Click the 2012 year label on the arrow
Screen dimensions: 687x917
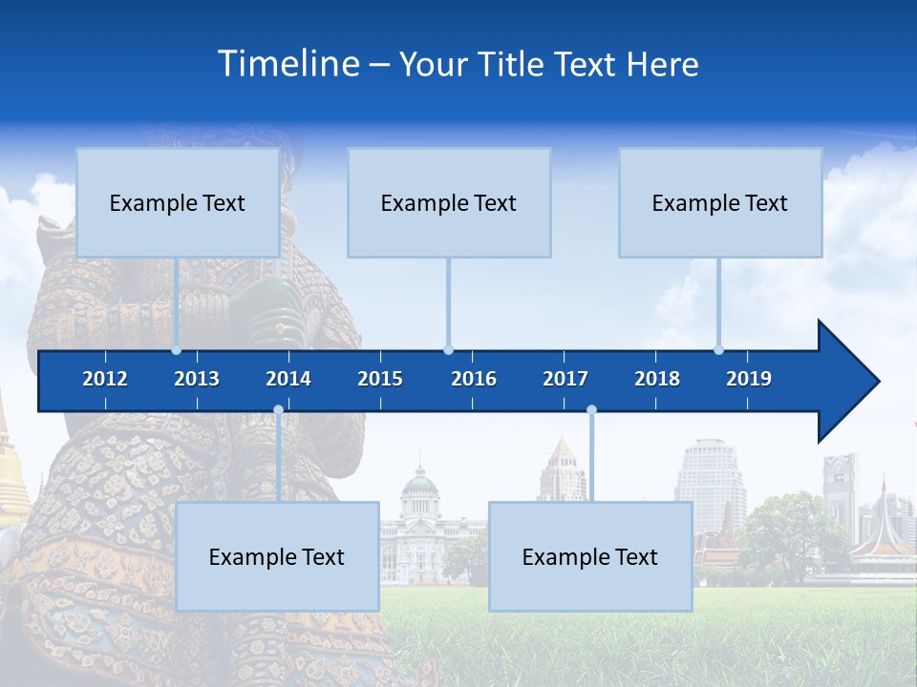(105, 379)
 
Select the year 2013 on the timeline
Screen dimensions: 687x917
(197, 379)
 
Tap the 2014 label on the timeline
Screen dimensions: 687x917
(288, 379)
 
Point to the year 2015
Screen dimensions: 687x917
(380, 379)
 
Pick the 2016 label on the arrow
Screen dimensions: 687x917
(474, 379)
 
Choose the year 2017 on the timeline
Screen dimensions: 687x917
(565, 379)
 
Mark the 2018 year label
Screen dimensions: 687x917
(657, 379)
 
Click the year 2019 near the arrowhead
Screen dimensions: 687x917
(749, 379)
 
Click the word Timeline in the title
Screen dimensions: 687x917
(288, 64)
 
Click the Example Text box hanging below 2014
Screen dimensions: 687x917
(277, 556)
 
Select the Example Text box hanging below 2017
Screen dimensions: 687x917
(590, 556)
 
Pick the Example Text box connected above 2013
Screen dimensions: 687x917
(178, 202)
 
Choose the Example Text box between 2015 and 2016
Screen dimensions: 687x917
(449, 202)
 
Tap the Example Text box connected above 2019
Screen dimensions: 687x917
(720, 202)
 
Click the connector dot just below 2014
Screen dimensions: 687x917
(278, 410)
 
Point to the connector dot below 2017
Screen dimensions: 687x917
(591, 410)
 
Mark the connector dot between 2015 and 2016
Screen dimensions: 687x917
(448, 349)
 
